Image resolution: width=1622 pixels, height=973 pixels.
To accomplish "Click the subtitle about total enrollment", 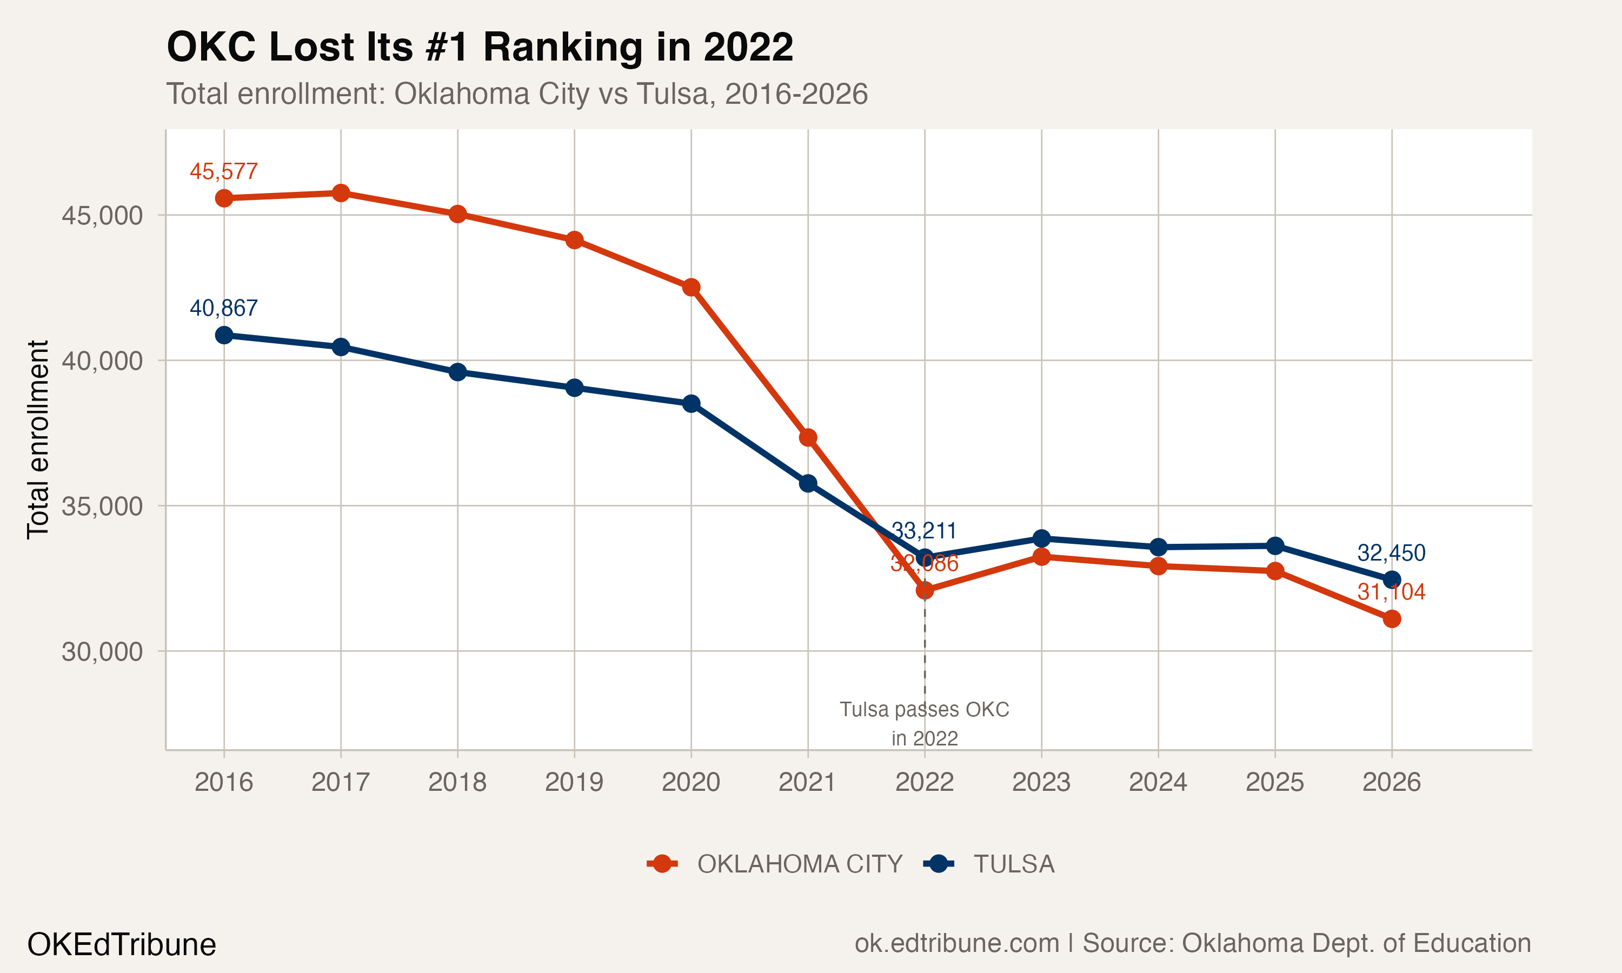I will click(x=517, y=94).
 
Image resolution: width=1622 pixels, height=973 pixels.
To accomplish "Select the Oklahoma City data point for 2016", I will click(x=224, y=198).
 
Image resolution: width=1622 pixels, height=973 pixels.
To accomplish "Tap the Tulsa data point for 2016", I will click(x=224, y=335).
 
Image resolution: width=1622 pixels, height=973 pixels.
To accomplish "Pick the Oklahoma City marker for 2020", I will click(x=691, y=287).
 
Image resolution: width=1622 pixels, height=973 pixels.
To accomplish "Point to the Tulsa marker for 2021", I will click(x=808, y=483).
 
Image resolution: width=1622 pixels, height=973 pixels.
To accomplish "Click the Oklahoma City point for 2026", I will click(x=1391, y=619).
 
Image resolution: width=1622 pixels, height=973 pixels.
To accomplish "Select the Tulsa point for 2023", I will click(x=1041, y=538).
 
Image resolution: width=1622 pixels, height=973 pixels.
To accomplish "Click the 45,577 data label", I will click(x=224, y=172).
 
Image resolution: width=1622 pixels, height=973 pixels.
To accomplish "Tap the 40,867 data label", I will click(x=224, y=308).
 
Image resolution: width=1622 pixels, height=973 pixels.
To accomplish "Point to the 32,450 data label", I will click(x=1391, y=553).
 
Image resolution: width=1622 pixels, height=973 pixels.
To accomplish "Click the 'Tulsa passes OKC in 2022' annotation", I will click(x=925, y=723).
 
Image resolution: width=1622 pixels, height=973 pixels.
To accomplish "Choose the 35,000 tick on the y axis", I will click(x=102, y=506).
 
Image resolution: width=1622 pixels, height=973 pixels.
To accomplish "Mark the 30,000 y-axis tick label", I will click(x=102, y=652).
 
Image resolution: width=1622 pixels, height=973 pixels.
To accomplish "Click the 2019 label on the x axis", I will click(x=574, y=782).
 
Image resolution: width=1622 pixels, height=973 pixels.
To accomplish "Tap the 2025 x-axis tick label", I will click(x=1274, y=782).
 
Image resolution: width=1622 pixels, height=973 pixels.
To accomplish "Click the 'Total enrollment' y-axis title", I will click(x=38, y=439).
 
